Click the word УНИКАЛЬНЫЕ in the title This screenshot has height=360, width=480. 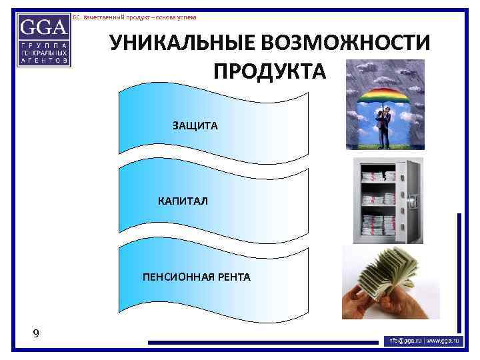[x=181, y=44]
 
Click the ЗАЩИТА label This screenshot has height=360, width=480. [x=195, y=125]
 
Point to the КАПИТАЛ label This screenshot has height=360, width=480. [x=183, y=201]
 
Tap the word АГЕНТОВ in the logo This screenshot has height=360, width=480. [x=43, y=59]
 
